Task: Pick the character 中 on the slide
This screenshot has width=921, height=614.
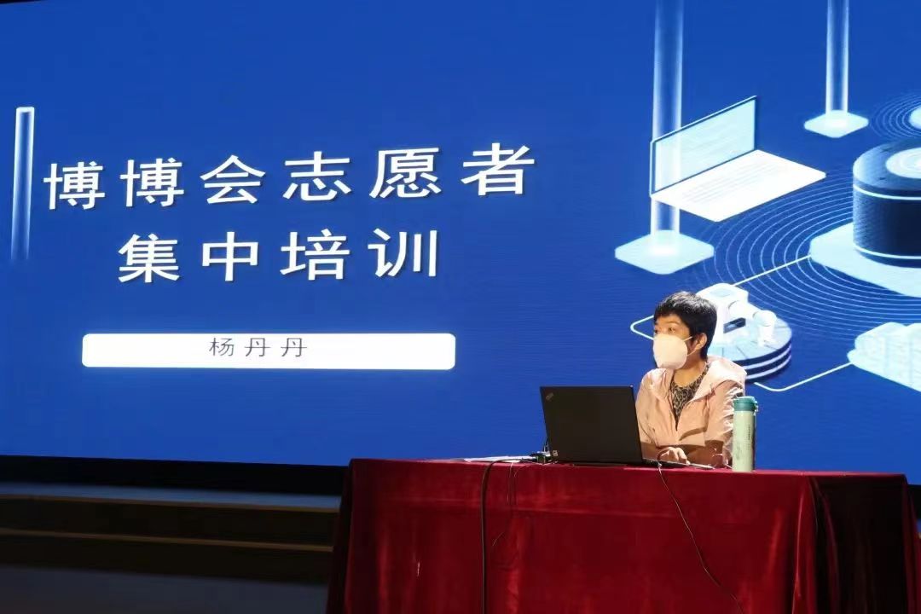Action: [230, 256]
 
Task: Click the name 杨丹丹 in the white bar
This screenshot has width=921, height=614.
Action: [258, 349]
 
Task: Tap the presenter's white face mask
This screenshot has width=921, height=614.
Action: [674, 351]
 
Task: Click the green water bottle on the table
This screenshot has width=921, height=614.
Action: [744, 433]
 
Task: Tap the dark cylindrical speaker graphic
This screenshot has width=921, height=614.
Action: [887, 200]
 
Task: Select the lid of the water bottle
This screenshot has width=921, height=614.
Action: [744, 403]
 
